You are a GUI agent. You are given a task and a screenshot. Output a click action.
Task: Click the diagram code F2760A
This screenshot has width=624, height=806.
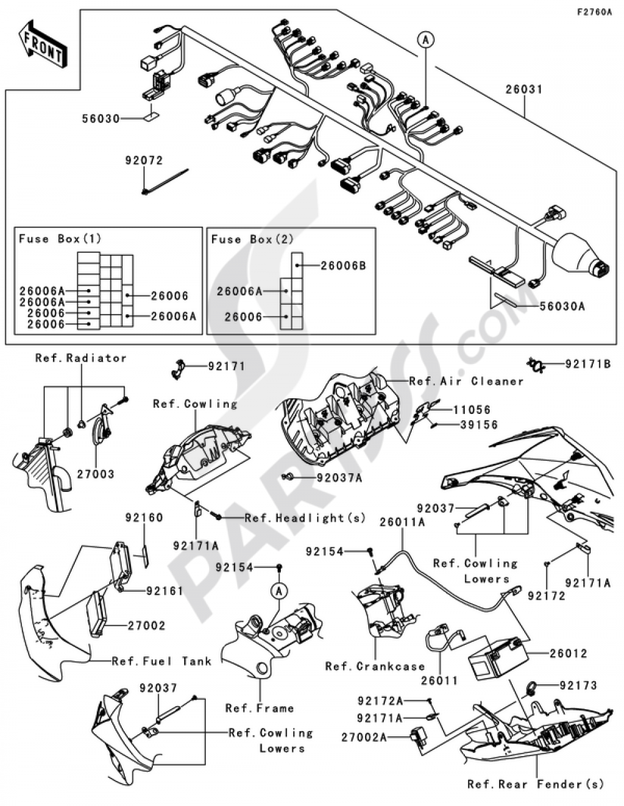click(594, 12)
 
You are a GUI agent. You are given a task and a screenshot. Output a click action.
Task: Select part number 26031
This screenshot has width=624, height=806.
click(524, 89)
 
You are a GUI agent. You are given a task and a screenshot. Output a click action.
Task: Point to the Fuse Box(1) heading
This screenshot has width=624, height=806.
click(60, 238)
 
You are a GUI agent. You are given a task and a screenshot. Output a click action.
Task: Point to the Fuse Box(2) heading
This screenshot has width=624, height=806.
click(252, 239)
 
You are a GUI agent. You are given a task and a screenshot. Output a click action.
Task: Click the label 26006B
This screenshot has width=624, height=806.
click(343, 265)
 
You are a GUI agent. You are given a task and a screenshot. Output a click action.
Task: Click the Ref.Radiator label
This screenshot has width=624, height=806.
click(81, 358)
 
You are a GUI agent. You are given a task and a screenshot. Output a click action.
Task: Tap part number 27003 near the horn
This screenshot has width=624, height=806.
click(95, 474)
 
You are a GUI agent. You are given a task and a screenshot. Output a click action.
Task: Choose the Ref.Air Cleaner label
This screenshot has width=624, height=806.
click(466, 381)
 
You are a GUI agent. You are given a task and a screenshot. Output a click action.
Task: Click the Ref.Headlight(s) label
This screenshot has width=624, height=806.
click(305, 518)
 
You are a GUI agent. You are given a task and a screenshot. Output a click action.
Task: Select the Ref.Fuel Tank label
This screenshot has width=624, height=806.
click(162, 661)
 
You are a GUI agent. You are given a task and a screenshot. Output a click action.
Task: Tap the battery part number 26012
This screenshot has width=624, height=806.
click(568, 654)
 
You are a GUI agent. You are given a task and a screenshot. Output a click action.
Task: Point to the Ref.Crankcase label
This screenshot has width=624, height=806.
click(374, 667)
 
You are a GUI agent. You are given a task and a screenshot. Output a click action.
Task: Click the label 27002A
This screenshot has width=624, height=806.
click(364, 737)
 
